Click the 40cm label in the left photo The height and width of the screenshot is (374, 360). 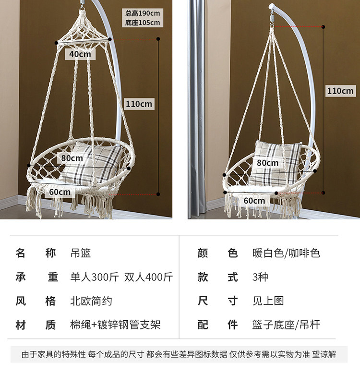(80, 54)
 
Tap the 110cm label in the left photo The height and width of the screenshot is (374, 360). (139, 104)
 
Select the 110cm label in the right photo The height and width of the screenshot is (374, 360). (340, 91)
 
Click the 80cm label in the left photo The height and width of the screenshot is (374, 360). (72, 157)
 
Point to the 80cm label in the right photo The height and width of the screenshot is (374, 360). (267, 163)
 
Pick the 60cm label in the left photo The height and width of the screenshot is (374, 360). (60, 192)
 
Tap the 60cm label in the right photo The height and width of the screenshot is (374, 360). (254, 200)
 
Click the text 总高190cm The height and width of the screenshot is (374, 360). (143, 13)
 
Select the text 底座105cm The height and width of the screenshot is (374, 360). (143, 23)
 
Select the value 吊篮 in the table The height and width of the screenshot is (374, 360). (81, 253)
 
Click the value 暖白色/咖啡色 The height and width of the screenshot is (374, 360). (286, 253)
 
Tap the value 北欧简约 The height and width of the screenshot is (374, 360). (91, 301)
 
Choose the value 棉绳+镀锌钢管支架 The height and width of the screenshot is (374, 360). (115, 325)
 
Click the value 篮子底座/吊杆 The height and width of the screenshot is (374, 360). (286, 325)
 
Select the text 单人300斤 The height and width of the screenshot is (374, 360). (95, 277)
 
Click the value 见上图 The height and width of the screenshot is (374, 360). (268, 301)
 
